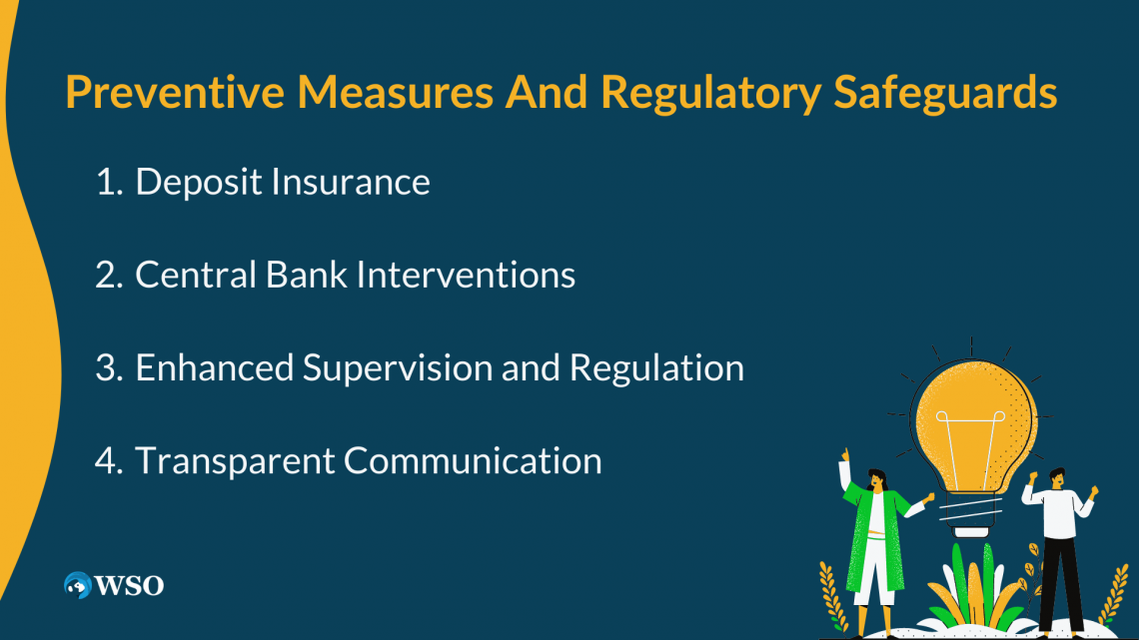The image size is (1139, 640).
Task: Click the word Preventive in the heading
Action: pyautogui.click(x=175, y=92)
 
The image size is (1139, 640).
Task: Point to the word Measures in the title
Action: pyautogui.click(x=396, y=92)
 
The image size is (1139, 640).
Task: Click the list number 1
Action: pyautogui.click(x=109, y=182)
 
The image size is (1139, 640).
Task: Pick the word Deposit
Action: pyautogui.click(x=198, y=183)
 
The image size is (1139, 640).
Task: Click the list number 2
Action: pyautogui.click(x=109, y=275)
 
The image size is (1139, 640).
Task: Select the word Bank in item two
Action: pyautogui.click(x=306, y=275)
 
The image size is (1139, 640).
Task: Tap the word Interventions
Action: pyautogui.click(x=466, y=275)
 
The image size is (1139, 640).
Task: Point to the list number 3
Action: pyautogui.click(x=109, y=367)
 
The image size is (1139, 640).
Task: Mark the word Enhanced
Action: pyautogui.click(x=214, y=367)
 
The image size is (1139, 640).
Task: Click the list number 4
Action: pyautogui.click(x=109, y=460)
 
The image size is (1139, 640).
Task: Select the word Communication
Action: pyautogui.click(x=473, y=460)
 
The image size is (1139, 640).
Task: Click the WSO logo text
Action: pyautogui.click(x=129, y=585)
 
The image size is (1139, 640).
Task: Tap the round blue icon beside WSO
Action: pyautogui.click(x=78, y=585)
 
